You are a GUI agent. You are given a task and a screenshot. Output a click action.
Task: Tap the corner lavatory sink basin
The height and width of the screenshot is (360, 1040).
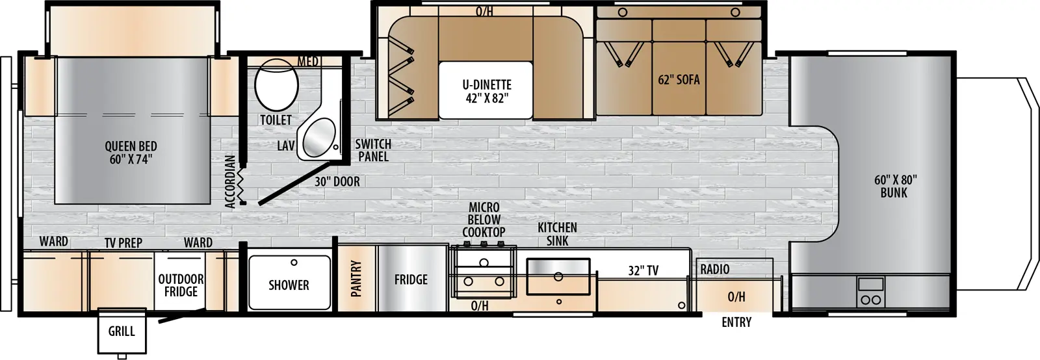pyautogui.click(x=318, y=137)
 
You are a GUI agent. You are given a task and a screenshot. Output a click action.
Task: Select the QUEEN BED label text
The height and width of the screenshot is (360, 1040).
pyautogui.click(x=131, y=153)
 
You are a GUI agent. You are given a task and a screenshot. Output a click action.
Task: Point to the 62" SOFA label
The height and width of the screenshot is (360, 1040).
pyautogui.click(x=679, y=80)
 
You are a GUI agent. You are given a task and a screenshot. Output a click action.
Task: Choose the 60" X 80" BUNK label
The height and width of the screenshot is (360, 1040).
pyautogui.click(x=894, y=186)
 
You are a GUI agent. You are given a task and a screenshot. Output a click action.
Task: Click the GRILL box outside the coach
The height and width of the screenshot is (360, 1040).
pyautogui.click(x=122, y=331)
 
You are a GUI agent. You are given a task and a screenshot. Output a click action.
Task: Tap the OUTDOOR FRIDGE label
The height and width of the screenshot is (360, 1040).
pyautogui.click(x=181, y=285)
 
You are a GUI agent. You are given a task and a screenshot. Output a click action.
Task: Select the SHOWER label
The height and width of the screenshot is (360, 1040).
pyautogui.click(x=289, y=285)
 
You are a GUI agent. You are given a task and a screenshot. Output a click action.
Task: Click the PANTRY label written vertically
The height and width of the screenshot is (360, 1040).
pyautogui.click(x=356, y=279)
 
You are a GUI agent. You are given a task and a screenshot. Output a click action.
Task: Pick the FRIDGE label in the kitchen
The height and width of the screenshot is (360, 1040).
pyautogui.click(x=411, y=279)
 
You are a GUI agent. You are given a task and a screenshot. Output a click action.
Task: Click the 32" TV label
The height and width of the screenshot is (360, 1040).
pyautogui.click(x=643, y=270)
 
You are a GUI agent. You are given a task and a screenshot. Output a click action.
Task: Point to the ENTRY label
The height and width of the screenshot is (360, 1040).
pyautogui.click(x=736, y=322)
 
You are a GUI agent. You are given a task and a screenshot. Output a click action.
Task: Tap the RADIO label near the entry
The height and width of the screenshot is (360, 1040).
pyautogui.click(x=714, y=269)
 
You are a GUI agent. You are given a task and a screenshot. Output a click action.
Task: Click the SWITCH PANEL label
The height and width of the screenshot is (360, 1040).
pyautogui.click(x=373, y=150)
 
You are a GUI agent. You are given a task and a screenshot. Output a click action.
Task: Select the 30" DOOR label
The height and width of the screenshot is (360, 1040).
pyautogui.click(x=337, y=182)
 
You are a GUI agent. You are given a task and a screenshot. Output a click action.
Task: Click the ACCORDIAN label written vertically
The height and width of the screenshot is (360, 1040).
pyautogui.click(x=229, y=181)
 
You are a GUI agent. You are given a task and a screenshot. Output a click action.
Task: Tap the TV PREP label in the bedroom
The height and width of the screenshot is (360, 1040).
pyautogui.click(x=123, y=242)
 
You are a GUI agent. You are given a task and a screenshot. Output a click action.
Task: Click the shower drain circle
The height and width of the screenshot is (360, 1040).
pyautogui.click(x=294, y=263)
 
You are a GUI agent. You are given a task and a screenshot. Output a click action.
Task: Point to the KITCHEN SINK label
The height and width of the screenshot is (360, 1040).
pyautogui.click(x=557, y=234)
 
